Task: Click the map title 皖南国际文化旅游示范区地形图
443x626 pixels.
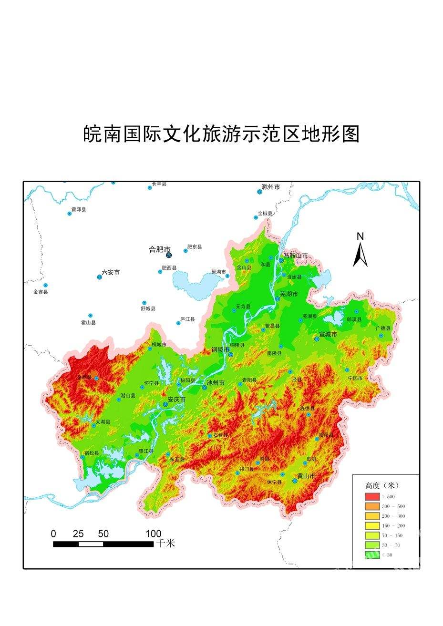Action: (x=221, y=134)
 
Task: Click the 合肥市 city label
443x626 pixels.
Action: (x=159, y=249)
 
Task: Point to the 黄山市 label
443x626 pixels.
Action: (x=306, y=476)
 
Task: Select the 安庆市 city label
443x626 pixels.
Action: (x=176, y=400)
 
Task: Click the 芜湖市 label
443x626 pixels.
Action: (x=288, y=294)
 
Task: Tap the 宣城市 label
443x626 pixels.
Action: (x=328, y=334)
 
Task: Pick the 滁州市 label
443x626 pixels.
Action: (x=271, y=187)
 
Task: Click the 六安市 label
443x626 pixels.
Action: (x=111, y=273)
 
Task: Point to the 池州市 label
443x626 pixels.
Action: (x=215, y=382)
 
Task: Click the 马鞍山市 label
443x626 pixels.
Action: (x=296, y=256)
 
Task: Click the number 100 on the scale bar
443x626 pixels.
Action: (x=153, y=534)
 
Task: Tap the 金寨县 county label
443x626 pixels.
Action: (x=41, y=291)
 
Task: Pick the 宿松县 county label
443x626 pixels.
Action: (x=92, y=453)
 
